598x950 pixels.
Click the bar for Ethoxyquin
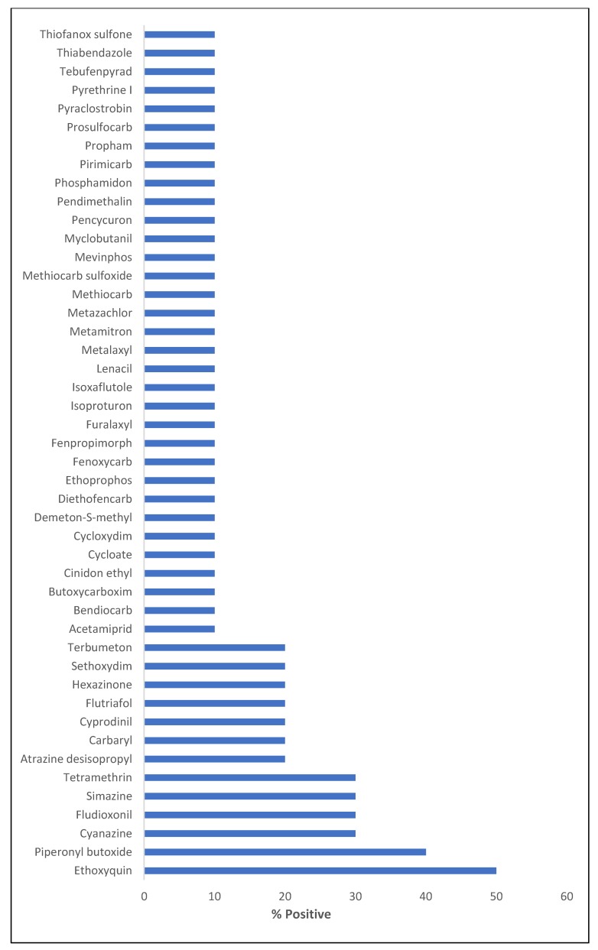[x=320, y=871]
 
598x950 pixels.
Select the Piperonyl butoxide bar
[x=284, y=851]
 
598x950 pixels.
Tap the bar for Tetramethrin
[x=249, y=777]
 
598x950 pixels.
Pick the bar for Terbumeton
[x=214, y=647]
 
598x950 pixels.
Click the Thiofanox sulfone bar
[x=179, y=34]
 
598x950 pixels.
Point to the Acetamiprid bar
[x=179, y=629]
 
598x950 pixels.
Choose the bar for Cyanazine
[x=249, y=833]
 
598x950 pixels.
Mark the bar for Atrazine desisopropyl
[x=214, y=759]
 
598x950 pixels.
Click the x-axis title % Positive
[x=301, y=914]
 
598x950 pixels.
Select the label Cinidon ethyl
[x=99, y=573]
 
